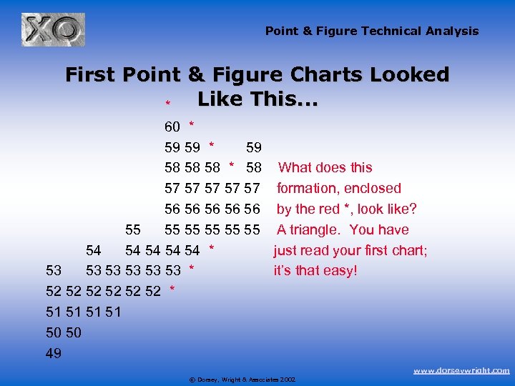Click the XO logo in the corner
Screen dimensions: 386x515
pyautogui.click(x=53, y=29)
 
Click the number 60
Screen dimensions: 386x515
pyautogui.click(x=172, y=127)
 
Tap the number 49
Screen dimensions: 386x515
pyautogui.click(x=54, y=353)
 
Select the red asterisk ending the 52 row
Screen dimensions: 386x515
pyautogui.click(x=172, y=289)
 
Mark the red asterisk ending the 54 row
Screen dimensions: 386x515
pyautogui.click(x=212, y=249)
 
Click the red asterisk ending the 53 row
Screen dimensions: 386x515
pyautogui.click(x=192, y=269)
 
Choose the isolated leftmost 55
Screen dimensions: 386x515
pyautogui.click(x=133, y=230)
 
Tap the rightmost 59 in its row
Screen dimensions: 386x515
pyautogui.click(x=254, y=148)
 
